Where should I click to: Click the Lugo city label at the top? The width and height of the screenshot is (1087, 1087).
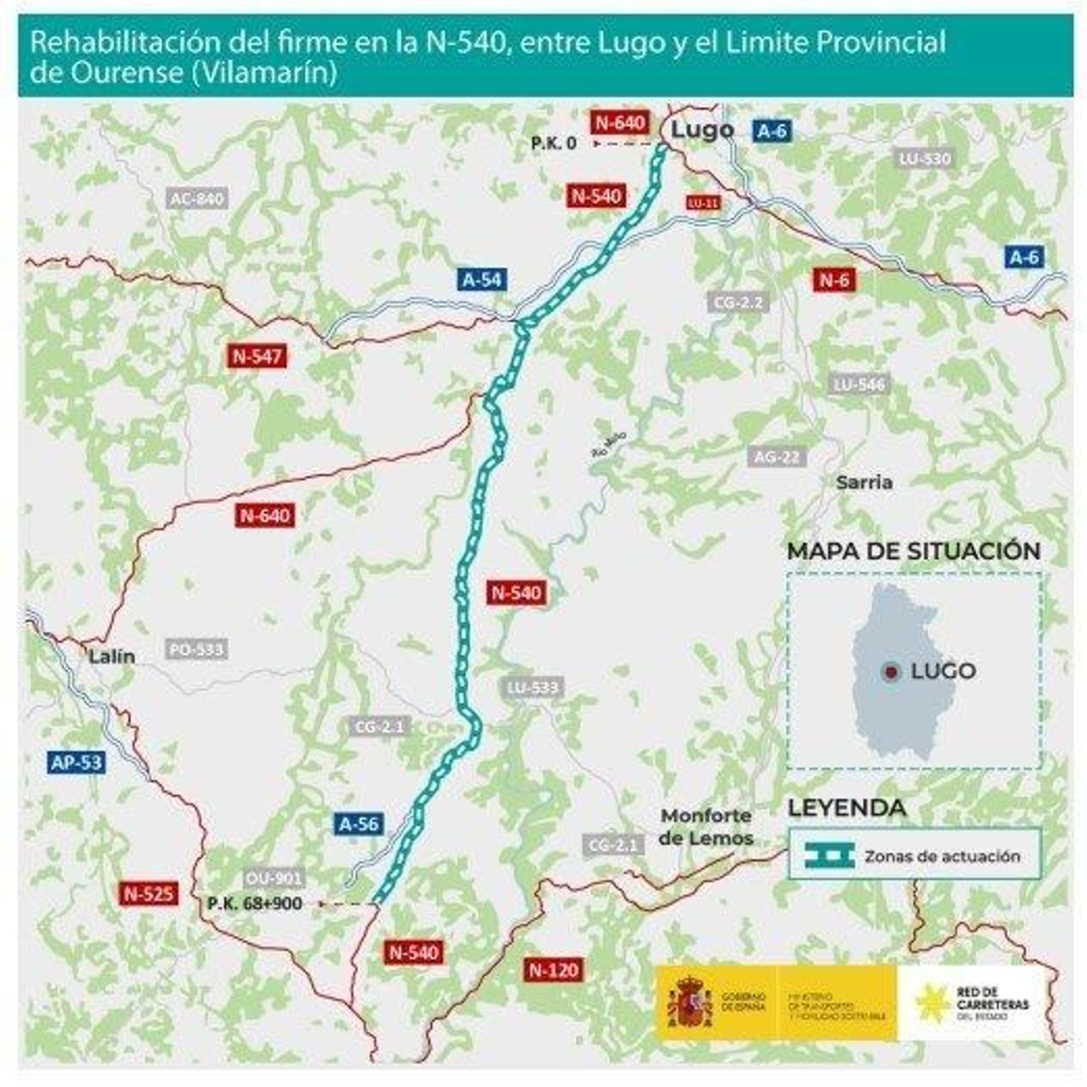click(x=702, y=130)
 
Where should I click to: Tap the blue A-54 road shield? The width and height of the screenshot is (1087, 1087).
click(x=482, y=279)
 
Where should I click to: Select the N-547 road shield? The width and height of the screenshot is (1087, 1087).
click(x=257, y=356)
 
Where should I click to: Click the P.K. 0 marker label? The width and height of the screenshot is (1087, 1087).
click(x=554, y=143)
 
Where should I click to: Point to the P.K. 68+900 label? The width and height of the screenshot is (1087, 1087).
click(x=255, y=904)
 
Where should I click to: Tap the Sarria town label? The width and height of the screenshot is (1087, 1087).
click(x=863, y=482)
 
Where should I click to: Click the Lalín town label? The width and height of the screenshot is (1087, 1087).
click(x=111, y=656)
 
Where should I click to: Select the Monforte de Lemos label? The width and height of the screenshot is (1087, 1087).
click(x=706, y=827)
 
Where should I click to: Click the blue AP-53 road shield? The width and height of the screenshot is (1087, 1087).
click(x=77, y=762)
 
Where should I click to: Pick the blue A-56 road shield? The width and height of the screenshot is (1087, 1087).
click(x=359, y=824)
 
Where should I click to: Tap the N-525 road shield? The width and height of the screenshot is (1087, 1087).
click(x=149, y=893)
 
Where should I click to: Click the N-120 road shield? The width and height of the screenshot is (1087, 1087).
click(x=554, y=969)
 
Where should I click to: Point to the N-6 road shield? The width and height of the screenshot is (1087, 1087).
click(x=834, y=279)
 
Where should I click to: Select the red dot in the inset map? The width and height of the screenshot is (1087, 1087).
click(x=891, y=672)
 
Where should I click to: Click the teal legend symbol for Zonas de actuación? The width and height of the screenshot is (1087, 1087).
click(x=829, y=855)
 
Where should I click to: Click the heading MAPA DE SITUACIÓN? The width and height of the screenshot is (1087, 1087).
click(x=913, y=551)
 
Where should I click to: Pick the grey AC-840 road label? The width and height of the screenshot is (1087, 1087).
click(x=197, y=198)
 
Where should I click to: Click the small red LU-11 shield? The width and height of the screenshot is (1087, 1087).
click(x=703, y=203)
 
